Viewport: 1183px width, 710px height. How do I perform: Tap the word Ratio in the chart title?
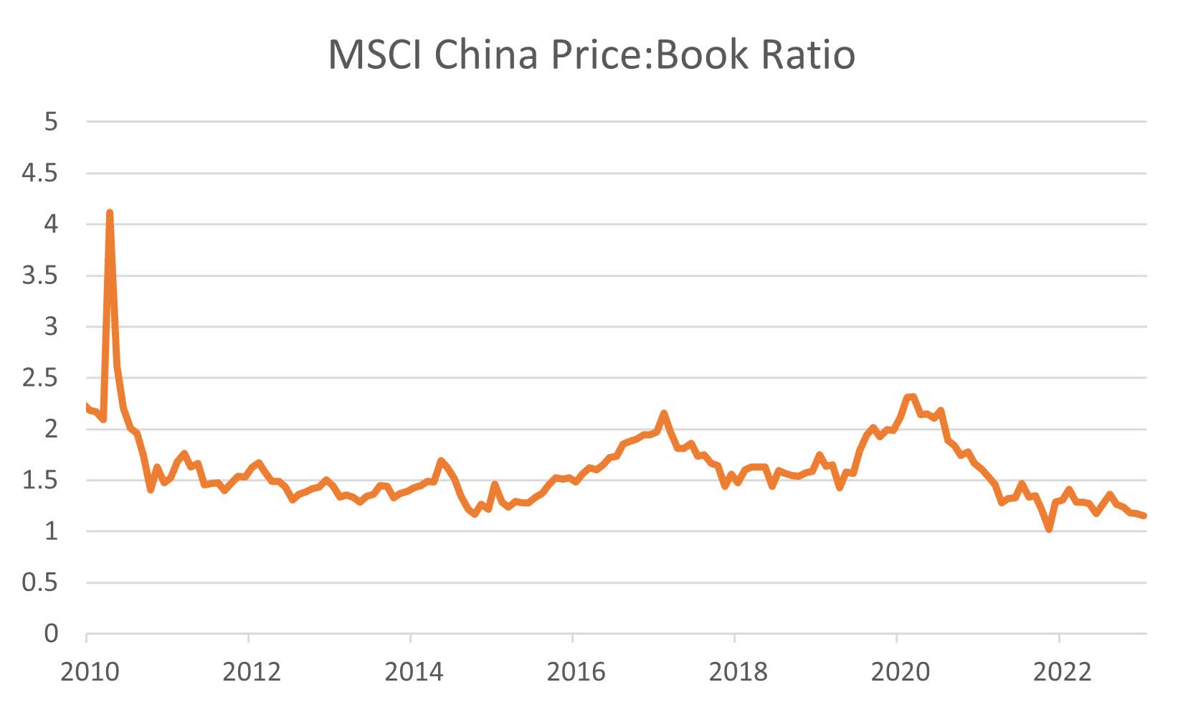click(x=808, y=55)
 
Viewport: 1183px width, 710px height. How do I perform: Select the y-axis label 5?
click(x=50, y=122)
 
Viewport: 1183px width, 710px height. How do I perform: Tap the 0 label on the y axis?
click(x=50, y=633)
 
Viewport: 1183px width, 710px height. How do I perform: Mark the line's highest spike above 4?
click(x=109, y=213)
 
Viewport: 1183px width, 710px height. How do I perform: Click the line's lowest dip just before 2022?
click(x=1050, y=529)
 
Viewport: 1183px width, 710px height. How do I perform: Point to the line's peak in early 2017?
click(x=664, y=414)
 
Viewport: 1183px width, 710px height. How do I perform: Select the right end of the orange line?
click(x=1144, y=516)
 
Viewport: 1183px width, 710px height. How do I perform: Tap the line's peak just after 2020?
click(x=912, y=397)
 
